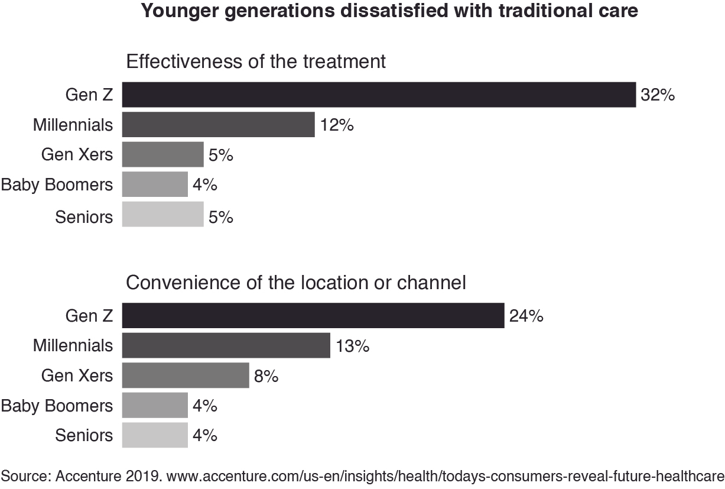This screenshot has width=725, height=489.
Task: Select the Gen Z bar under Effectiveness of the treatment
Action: [x=379, y=95]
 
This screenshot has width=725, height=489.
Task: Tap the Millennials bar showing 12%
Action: [x=218, y=125]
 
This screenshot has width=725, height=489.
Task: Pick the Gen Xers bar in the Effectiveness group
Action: [x=162, y=155]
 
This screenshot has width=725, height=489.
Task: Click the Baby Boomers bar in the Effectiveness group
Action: [x=155, y=185]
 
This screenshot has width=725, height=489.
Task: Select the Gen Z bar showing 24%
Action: [x=313, y=316]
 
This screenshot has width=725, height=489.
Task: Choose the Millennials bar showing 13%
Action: [x=226, y=345]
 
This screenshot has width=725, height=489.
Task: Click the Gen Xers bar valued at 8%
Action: [x=186, y=375]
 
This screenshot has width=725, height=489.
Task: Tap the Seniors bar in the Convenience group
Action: [x=155, y=435]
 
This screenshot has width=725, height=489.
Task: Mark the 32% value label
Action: [x=658, y=95]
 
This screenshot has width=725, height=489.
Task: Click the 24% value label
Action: [x=526, y=316]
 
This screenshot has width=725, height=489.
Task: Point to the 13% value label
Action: [x=352, y=346]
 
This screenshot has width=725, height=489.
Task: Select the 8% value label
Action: [x=265, y=376]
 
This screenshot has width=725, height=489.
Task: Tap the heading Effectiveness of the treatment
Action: [x=256, y=61]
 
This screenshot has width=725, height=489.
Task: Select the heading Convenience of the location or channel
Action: [x=296, y=283]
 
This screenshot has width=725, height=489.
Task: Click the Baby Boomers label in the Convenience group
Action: [x=57, y=406]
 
